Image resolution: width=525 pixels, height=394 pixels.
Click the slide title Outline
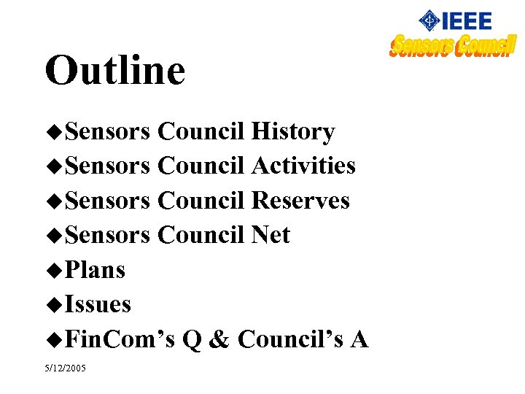click(115, 71)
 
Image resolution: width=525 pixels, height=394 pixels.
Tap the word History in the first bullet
click(292, 131)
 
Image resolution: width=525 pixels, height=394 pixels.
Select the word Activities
click(303, 166)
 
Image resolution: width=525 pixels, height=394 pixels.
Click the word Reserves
click(300, 200)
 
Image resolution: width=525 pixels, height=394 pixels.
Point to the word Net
click(271, 235)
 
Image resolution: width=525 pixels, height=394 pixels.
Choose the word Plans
click(95, 270)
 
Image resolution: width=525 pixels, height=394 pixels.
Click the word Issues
click(98, 304)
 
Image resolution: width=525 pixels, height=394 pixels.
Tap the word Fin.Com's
click(120, 339)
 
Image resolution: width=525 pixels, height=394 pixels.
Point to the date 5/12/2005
click(65, 368)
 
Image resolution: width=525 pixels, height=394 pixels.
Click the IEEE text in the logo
click(467, 20)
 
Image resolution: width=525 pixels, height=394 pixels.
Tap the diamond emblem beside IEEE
click(429, 20)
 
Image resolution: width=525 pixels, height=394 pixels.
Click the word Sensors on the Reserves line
click(107, 200)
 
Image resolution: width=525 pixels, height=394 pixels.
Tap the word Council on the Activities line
click(201, 166)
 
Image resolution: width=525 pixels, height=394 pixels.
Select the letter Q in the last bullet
click(191, 339)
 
